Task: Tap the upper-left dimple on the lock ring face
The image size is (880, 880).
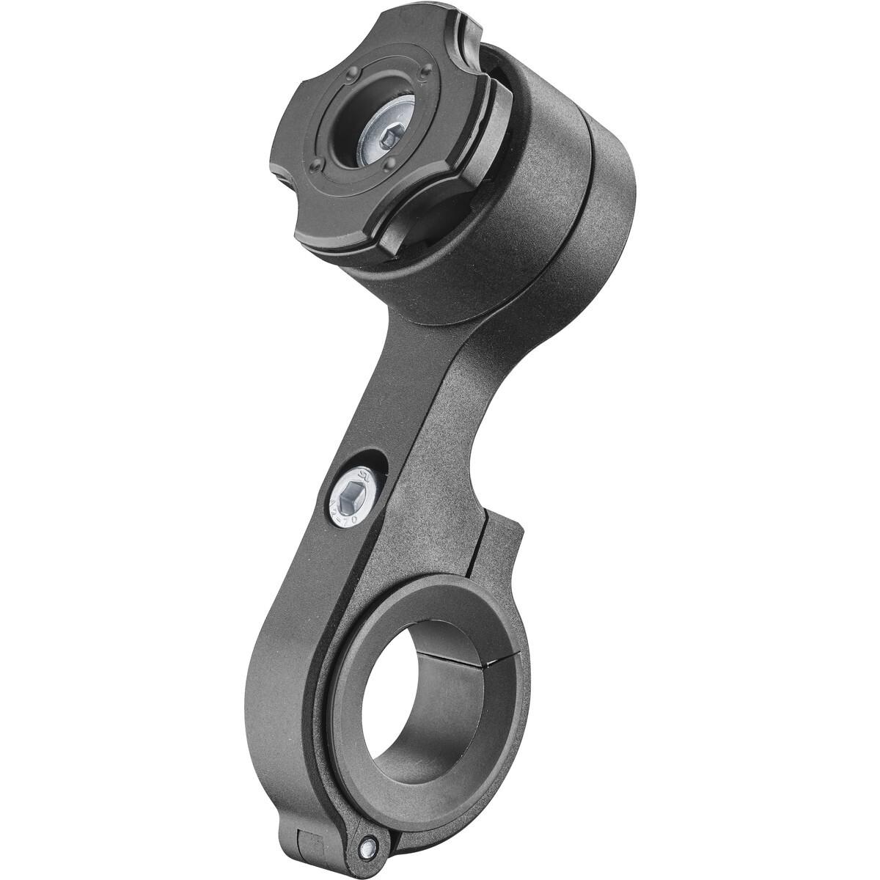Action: point(353,74)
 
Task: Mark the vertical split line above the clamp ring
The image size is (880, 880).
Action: point(477,557)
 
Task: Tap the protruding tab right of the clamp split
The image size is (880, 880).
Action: point(506,546)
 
